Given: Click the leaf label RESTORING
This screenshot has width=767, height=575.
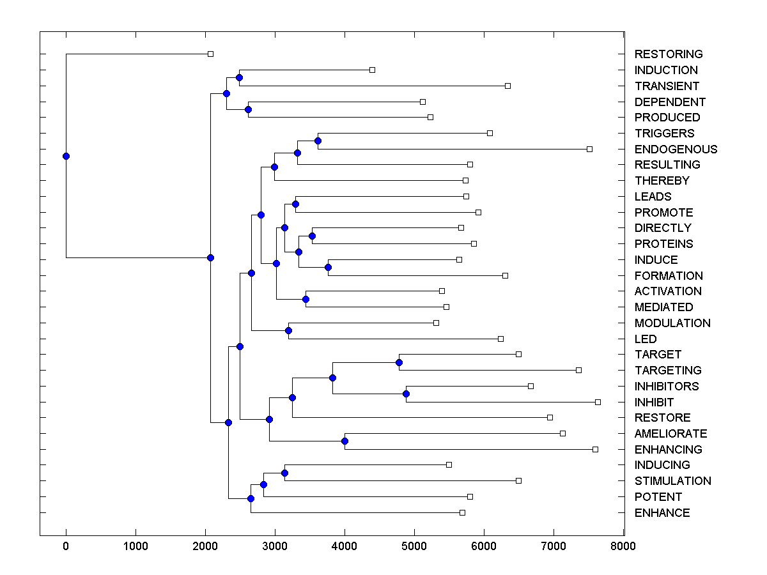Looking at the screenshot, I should pyautogui.click(x=668, y=54).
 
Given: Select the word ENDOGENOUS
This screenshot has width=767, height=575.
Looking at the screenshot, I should pyautogui.click(x=676, y=149).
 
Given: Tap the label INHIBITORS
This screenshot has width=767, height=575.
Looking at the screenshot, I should pyautogui.click(x=667, y=387).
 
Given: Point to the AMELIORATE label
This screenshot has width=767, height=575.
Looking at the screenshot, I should pyautogui.click(x=670, y=434).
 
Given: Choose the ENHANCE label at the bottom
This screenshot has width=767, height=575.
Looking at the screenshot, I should pyautogui.click(x=662, y=513).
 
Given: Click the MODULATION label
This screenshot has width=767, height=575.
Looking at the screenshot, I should pyautogui.click(x=672, y=323).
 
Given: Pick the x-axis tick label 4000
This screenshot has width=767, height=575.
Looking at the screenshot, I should pyautogui.click(x=345, y=546).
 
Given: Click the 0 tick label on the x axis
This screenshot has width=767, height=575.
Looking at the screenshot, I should pyautogui.click(x=66, y=546).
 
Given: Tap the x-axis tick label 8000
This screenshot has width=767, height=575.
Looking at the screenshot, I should pyautogui.click(x=623, y=546).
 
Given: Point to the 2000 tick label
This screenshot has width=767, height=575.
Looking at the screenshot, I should pyautogui.click(x=205, y=546).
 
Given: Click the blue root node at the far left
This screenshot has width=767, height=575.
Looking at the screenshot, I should pyautogui.click(x=66, y=156).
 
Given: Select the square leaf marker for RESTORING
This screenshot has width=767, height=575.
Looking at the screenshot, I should pyautogui.click(x=210, y=54).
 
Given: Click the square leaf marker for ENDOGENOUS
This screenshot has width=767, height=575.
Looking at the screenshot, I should pyautogui.click(x=589, y=149).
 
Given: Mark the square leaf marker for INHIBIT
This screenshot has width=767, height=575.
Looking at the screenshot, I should pyautogui.click(x=598, y=402).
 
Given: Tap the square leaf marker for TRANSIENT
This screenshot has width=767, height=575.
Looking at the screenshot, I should pyautogui.click(x=507, y=86).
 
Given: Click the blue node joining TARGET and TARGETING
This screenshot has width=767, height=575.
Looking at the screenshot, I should pyautogui.click(x=399, y=362).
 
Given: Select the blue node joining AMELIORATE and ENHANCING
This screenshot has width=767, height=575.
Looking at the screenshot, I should pyautogui.click(x=345, y=441).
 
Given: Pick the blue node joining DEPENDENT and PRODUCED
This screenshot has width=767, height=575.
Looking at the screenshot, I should pyautogui.click(x=248, y=109).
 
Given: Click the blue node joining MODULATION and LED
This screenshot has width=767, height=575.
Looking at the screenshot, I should pyautogui.click(x=288, y=330).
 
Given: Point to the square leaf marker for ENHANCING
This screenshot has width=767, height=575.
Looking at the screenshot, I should pyautogui.click(x=595, y=449).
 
